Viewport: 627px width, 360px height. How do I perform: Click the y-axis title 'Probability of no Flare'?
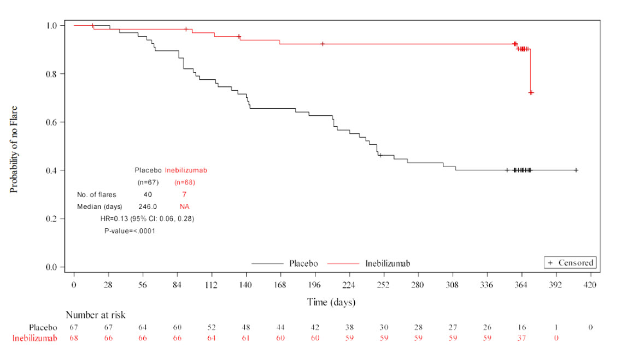[14, 149]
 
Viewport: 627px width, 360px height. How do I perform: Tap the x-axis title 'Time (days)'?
[331, 302]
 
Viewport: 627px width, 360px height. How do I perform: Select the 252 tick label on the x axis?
[383, 285]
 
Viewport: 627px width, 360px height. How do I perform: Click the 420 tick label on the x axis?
[590, 285]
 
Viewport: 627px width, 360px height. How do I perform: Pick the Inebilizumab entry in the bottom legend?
[388, 263]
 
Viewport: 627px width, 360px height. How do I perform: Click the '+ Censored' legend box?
[570, 263]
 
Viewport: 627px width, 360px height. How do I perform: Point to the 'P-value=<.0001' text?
[130, 231]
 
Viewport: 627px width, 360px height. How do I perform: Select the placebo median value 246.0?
[148, 206]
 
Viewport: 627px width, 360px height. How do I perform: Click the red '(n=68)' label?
[185, 182]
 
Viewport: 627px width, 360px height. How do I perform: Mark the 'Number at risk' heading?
[96, 315]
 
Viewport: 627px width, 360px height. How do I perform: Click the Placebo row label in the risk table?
[43, 327]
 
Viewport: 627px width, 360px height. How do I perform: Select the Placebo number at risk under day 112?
[212, 327]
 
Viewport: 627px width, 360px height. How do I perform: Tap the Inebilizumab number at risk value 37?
[521, 338]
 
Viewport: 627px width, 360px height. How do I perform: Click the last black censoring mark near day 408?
[576, 170]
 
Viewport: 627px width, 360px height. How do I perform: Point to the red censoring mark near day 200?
[323, 44]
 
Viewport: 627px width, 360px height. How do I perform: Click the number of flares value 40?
[148, 194]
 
